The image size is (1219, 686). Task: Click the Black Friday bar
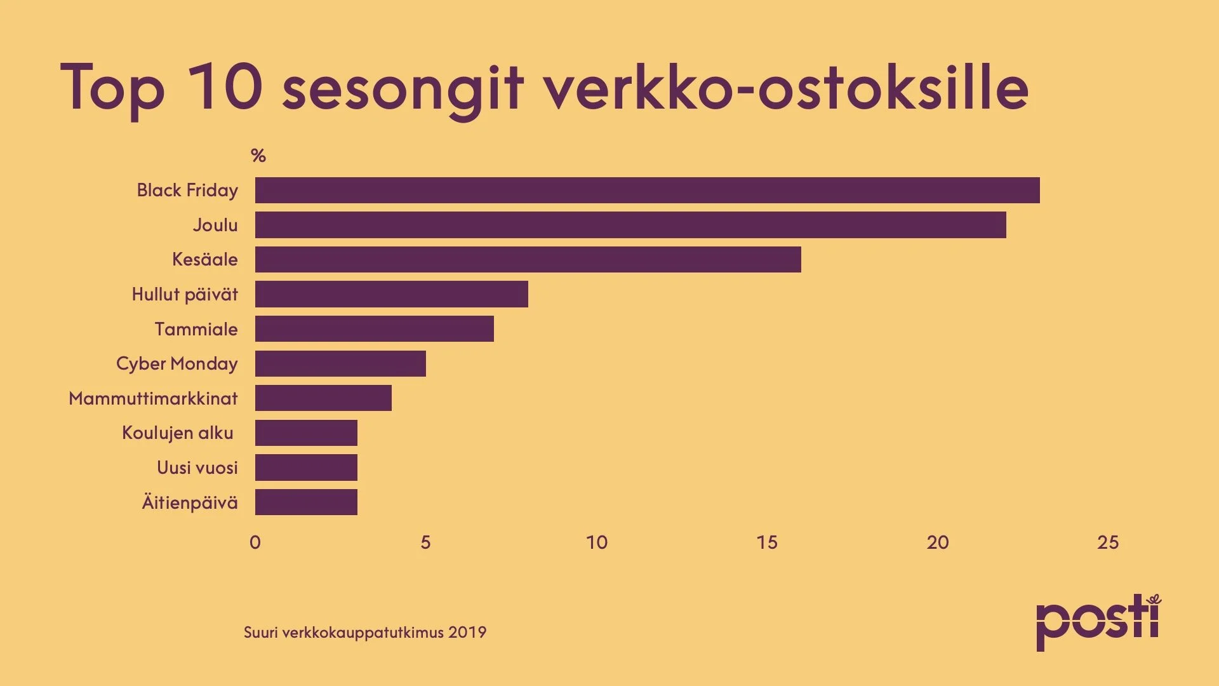pos(647,190)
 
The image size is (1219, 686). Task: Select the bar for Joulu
pos(630,225)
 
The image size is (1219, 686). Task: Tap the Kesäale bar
pos(528,259)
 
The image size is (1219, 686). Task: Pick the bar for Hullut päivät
pos(391,294)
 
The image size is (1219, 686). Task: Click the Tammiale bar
pos(374,328)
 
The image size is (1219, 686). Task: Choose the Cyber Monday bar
pos(340,363)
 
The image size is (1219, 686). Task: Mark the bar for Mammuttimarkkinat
pos(323,398)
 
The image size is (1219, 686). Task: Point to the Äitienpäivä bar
pos(306,502)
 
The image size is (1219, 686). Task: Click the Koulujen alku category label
pos(178,433)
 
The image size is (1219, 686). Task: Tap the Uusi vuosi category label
pos(197,467)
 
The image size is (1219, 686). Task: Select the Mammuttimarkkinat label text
pos(153,398)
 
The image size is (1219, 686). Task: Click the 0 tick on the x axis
pos(255,542)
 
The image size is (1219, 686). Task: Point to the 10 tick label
pos(597,542)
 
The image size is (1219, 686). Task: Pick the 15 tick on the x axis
pos(767,542)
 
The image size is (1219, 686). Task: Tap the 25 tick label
pos(1108,542)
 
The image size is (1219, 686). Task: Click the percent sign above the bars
pos(258,156)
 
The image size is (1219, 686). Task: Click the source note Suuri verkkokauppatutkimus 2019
pos(365,633)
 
